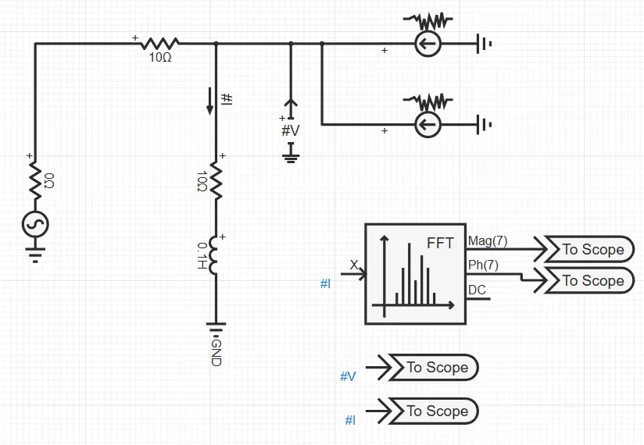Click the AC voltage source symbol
(35, 225)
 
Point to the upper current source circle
(427, 44)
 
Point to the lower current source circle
(427, 124)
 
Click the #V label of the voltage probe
(290, 130)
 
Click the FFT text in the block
(440, 243)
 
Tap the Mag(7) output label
(487, 241)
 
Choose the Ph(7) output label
(484, 265)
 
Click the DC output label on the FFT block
(477, 290)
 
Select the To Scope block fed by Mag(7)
(592, 249)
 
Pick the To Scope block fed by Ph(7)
(592, 280)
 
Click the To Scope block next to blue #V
(436, 368)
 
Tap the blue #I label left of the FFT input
(326, 284)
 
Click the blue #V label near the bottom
(348, 377)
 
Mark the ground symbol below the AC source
(35, 255)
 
